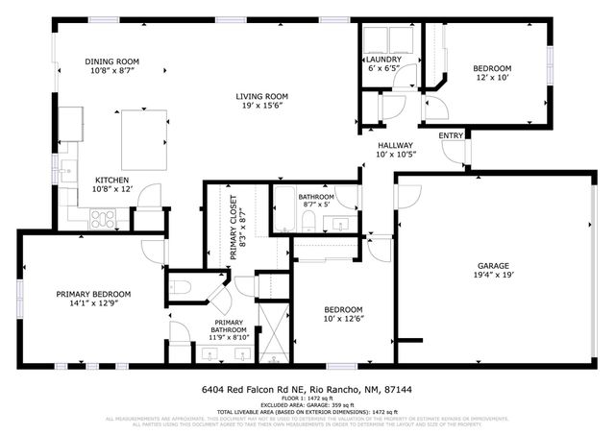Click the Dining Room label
(113, 60)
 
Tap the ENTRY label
(450, 135)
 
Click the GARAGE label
(494, 265)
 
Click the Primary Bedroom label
(93, 294)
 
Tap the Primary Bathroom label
(229, 328)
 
